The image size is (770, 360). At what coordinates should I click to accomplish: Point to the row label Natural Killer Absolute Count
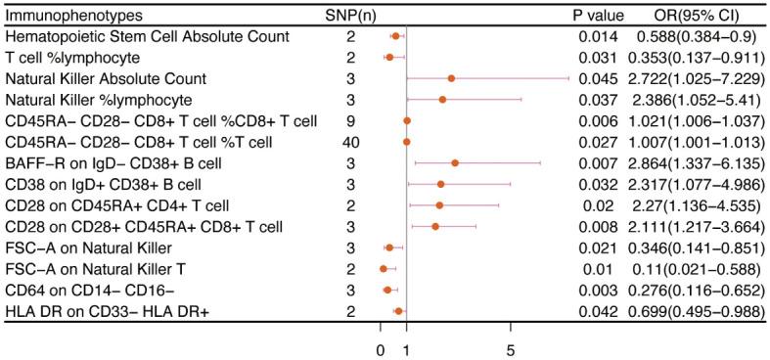(x=106, y=78)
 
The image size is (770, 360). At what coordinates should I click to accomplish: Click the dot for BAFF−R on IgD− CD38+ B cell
(x=455, y=163)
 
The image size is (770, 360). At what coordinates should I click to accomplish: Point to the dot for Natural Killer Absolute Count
(x=451, y=78)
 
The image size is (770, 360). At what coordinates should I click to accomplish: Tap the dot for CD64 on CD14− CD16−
(x=387, y=290)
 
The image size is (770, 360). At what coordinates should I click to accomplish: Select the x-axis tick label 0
(x=381, y=347)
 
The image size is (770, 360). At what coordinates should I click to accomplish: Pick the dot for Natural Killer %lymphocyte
(x=442, y=100)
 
